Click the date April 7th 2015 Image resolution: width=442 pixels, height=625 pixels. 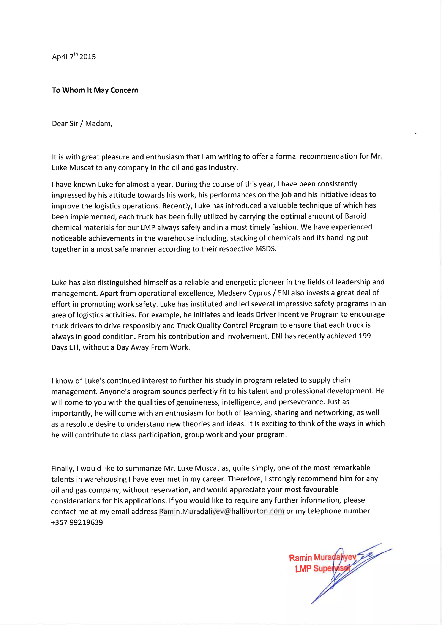[74, 56]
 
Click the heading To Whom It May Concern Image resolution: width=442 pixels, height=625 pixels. [95, 90]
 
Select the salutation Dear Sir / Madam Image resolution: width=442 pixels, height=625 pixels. [82, 124]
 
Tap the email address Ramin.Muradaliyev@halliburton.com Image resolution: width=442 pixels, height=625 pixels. [222, 511]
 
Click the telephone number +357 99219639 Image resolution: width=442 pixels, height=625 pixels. [77, 522]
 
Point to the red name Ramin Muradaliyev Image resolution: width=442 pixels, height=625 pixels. [322, 558]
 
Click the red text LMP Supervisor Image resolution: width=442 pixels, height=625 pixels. [322, 569]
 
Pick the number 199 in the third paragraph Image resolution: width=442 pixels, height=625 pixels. [365, 336]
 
